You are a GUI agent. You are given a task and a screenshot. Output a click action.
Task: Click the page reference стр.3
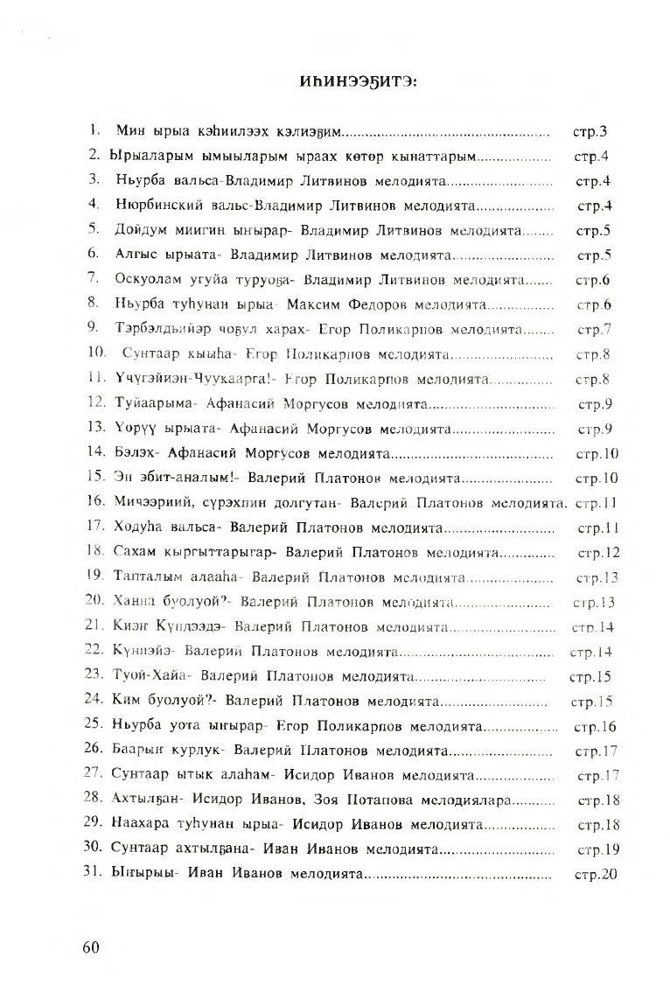(x=590, y=133)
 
